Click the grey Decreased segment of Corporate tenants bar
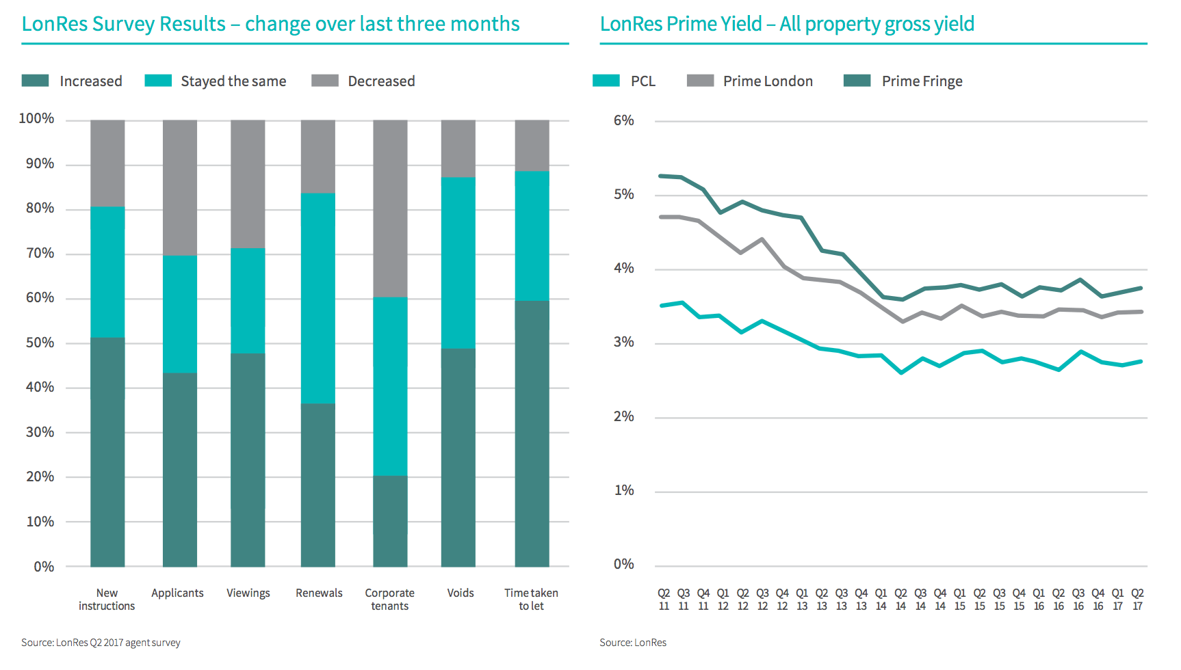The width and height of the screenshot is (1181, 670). pos(390,209)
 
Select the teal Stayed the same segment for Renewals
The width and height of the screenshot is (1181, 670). pos(318,298)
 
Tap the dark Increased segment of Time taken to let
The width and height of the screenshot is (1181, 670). pos(532,433)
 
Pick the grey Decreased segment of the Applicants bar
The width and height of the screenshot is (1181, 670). pos(180,187)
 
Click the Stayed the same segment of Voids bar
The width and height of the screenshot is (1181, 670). pos(458,263)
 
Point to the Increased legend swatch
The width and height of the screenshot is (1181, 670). pos(35,81)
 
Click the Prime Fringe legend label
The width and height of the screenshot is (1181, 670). pos(922,81)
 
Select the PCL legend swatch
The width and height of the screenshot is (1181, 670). pos(606,81)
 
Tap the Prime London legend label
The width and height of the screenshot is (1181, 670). pos(768,81)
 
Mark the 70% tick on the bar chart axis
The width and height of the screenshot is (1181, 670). pos(40,254)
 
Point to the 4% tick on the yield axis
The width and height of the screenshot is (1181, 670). pos(623,269)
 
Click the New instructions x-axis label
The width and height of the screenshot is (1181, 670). pos(107,600)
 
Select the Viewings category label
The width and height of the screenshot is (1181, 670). pos(248,593)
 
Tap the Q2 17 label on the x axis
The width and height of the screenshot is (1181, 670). pos(1137,600)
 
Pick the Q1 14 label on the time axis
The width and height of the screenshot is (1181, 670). pos(881,600)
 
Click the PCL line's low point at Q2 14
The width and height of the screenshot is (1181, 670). pos(901,373)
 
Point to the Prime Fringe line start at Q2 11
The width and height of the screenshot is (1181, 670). pos(662,176)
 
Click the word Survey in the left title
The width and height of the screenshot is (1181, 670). pos(123,24)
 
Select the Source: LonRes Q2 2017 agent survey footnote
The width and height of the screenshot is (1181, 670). pos(101,643)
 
